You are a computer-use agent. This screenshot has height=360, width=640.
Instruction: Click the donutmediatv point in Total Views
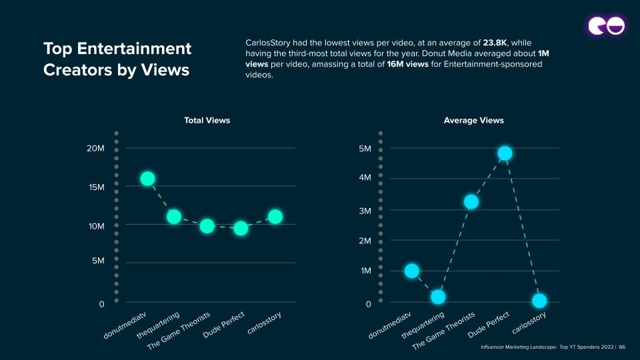click(x=147, y=179)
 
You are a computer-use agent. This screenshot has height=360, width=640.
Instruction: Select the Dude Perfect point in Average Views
click(x=505, y=153)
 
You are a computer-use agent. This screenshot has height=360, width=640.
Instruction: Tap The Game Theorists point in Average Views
click(x=471, y=201)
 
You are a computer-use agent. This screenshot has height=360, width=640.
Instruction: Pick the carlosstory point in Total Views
click(x=275, y=216)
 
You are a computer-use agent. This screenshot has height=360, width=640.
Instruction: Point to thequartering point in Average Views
click(x=437, y=297)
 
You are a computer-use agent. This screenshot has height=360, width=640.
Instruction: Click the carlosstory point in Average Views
click(x=539, y=301)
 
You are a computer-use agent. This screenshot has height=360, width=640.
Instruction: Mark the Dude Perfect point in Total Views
click(x=241, y=228)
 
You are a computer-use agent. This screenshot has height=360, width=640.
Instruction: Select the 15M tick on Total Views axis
click(x=96, y=187)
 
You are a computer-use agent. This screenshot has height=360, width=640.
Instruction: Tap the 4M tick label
click(x=365, y=178)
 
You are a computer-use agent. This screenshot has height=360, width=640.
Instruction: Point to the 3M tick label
click(x=365, y=211)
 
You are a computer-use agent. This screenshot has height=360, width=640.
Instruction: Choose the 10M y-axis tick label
click(x=96, y=226)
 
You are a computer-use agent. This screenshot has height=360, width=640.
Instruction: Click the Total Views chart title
click(x=207, y=121)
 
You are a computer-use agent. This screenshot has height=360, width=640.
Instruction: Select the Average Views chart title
click(x=473, y=121)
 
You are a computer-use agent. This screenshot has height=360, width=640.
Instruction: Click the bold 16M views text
click(x=402, y=64)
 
